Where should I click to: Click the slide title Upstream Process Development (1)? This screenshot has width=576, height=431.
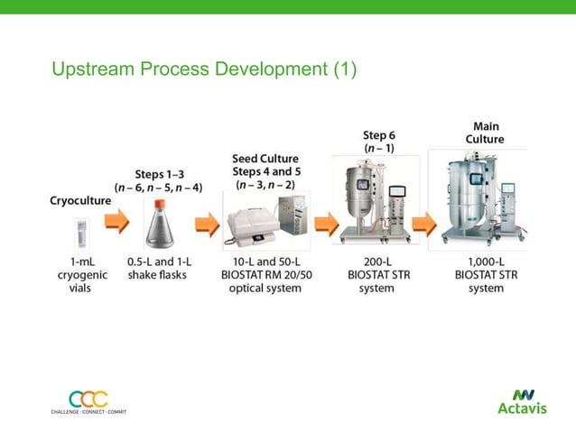click(204, 69)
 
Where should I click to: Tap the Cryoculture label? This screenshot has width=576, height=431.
click(80, 201)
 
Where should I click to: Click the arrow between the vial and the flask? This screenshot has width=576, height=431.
click(116, 223)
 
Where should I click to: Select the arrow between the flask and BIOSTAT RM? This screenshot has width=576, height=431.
click(207, 225)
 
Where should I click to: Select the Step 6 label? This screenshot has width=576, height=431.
click(379, 141)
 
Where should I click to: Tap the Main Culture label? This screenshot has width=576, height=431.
click(485, 133)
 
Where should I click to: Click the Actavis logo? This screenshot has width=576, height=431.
click(522, 401)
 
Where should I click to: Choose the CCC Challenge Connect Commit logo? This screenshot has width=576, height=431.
click(88, 401)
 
